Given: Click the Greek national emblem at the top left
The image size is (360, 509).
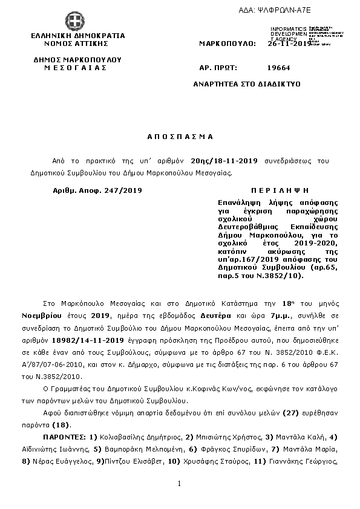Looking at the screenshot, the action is click(x=76, y=21).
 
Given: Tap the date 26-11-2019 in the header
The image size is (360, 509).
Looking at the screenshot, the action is click(x=289, y=44).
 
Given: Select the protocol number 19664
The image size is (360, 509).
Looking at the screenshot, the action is click(x=279, y=69).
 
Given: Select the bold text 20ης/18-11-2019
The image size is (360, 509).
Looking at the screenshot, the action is click(x=224, y=161).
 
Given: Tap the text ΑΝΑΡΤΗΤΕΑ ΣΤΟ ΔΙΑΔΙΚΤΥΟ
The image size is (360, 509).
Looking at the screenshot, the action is click(x=255, y=85).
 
